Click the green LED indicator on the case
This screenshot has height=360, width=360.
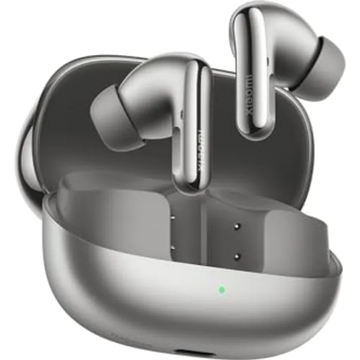(222, 290)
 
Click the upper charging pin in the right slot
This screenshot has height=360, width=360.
(237, 226)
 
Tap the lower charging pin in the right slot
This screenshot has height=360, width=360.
(237, 256)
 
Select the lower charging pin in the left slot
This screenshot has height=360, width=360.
(173, 249)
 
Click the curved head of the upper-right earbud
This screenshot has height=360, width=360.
(289, 34)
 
